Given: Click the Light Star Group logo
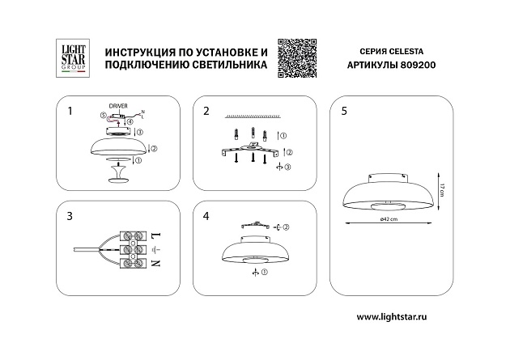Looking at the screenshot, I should click(x=70, y=57).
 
